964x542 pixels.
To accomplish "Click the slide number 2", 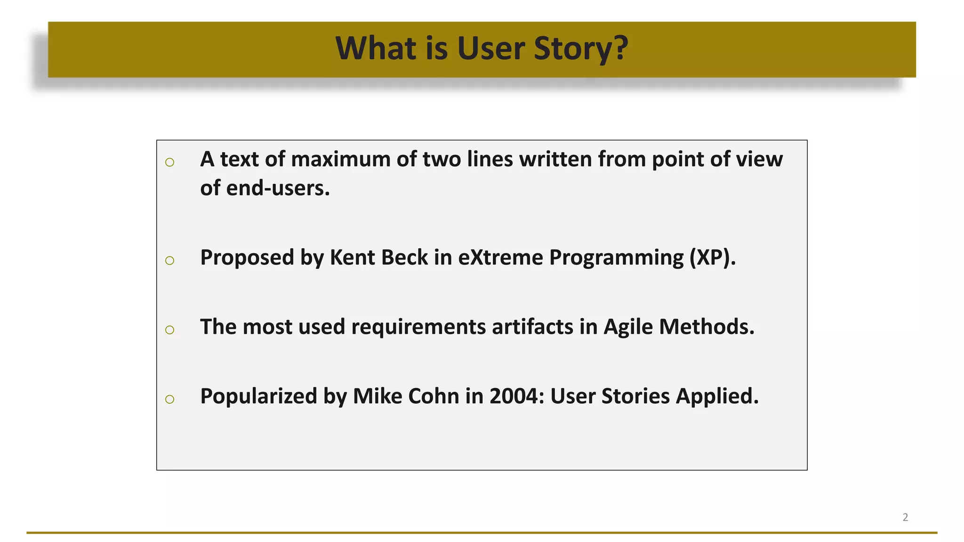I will coord(905,517).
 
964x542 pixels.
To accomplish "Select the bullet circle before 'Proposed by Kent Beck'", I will coord(170,260).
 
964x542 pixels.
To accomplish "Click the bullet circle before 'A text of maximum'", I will coord(170,162).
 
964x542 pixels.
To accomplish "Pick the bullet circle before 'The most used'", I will coord(170,330).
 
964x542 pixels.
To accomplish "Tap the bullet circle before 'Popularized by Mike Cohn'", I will coord(170,399).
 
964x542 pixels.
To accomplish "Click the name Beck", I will coord(404,258).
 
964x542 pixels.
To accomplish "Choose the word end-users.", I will coord(278,188).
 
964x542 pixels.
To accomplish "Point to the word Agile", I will coord(628,327).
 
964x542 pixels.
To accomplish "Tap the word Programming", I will coord(616,258).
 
